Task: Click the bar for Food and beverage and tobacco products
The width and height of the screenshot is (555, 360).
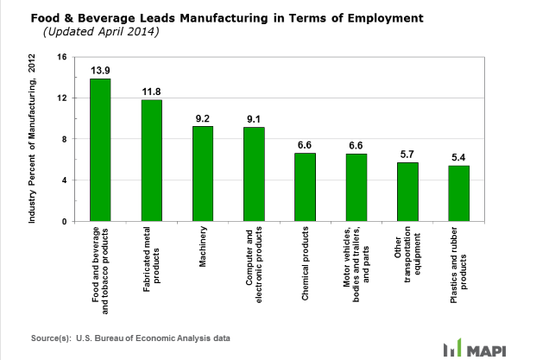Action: tap(101, 150)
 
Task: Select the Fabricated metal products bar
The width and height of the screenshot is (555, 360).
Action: tap(152, 161)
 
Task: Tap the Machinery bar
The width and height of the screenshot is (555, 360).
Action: tap(203, 174)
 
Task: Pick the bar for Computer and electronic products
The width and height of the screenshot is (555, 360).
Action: tap(254, 174)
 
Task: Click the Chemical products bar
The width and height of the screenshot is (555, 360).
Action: tap(305, 187)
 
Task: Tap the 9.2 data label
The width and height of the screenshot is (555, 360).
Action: tap(203, 115)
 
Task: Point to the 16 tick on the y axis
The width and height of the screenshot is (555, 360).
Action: tap(61, 57)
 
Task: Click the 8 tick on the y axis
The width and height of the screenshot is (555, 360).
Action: tap(64, 139)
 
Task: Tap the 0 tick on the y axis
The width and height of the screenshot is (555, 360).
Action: tap(64, 221)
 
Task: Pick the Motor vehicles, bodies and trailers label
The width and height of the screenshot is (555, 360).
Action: tap(356, 263)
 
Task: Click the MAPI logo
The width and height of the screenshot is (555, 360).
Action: tap(496, 349)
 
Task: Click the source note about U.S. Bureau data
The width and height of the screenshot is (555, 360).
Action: tap(130, 337)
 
